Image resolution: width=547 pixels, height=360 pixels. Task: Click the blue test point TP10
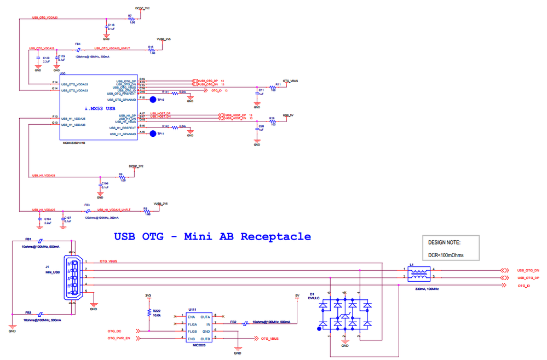[153, 100]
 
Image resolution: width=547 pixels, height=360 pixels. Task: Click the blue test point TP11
[153, 134]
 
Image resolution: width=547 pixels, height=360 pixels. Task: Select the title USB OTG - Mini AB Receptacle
[212, 237]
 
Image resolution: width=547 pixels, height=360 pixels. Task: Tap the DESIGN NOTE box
[452, 248]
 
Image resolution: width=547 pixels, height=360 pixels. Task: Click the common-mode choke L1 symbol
[420, 274]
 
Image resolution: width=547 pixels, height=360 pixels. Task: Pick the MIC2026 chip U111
[198, 327]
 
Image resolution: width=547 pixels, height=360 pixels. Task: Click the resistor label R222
[157, 310]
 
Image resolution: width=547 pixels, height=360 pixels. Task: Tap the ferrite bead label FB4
[78, 44]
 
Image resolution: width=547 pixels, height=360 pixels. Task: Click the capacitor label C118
[111, 25]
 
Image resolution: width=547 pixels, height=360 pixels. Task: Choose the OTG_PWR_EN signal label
[119, 339]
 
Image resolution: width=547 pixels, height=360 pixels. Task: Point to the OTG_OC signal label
[114, 331]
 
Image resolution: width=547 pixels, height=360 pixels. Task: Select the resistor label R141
[166, 91]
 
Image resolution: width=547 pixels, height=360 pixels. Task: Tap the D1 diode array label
[312, 294]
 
